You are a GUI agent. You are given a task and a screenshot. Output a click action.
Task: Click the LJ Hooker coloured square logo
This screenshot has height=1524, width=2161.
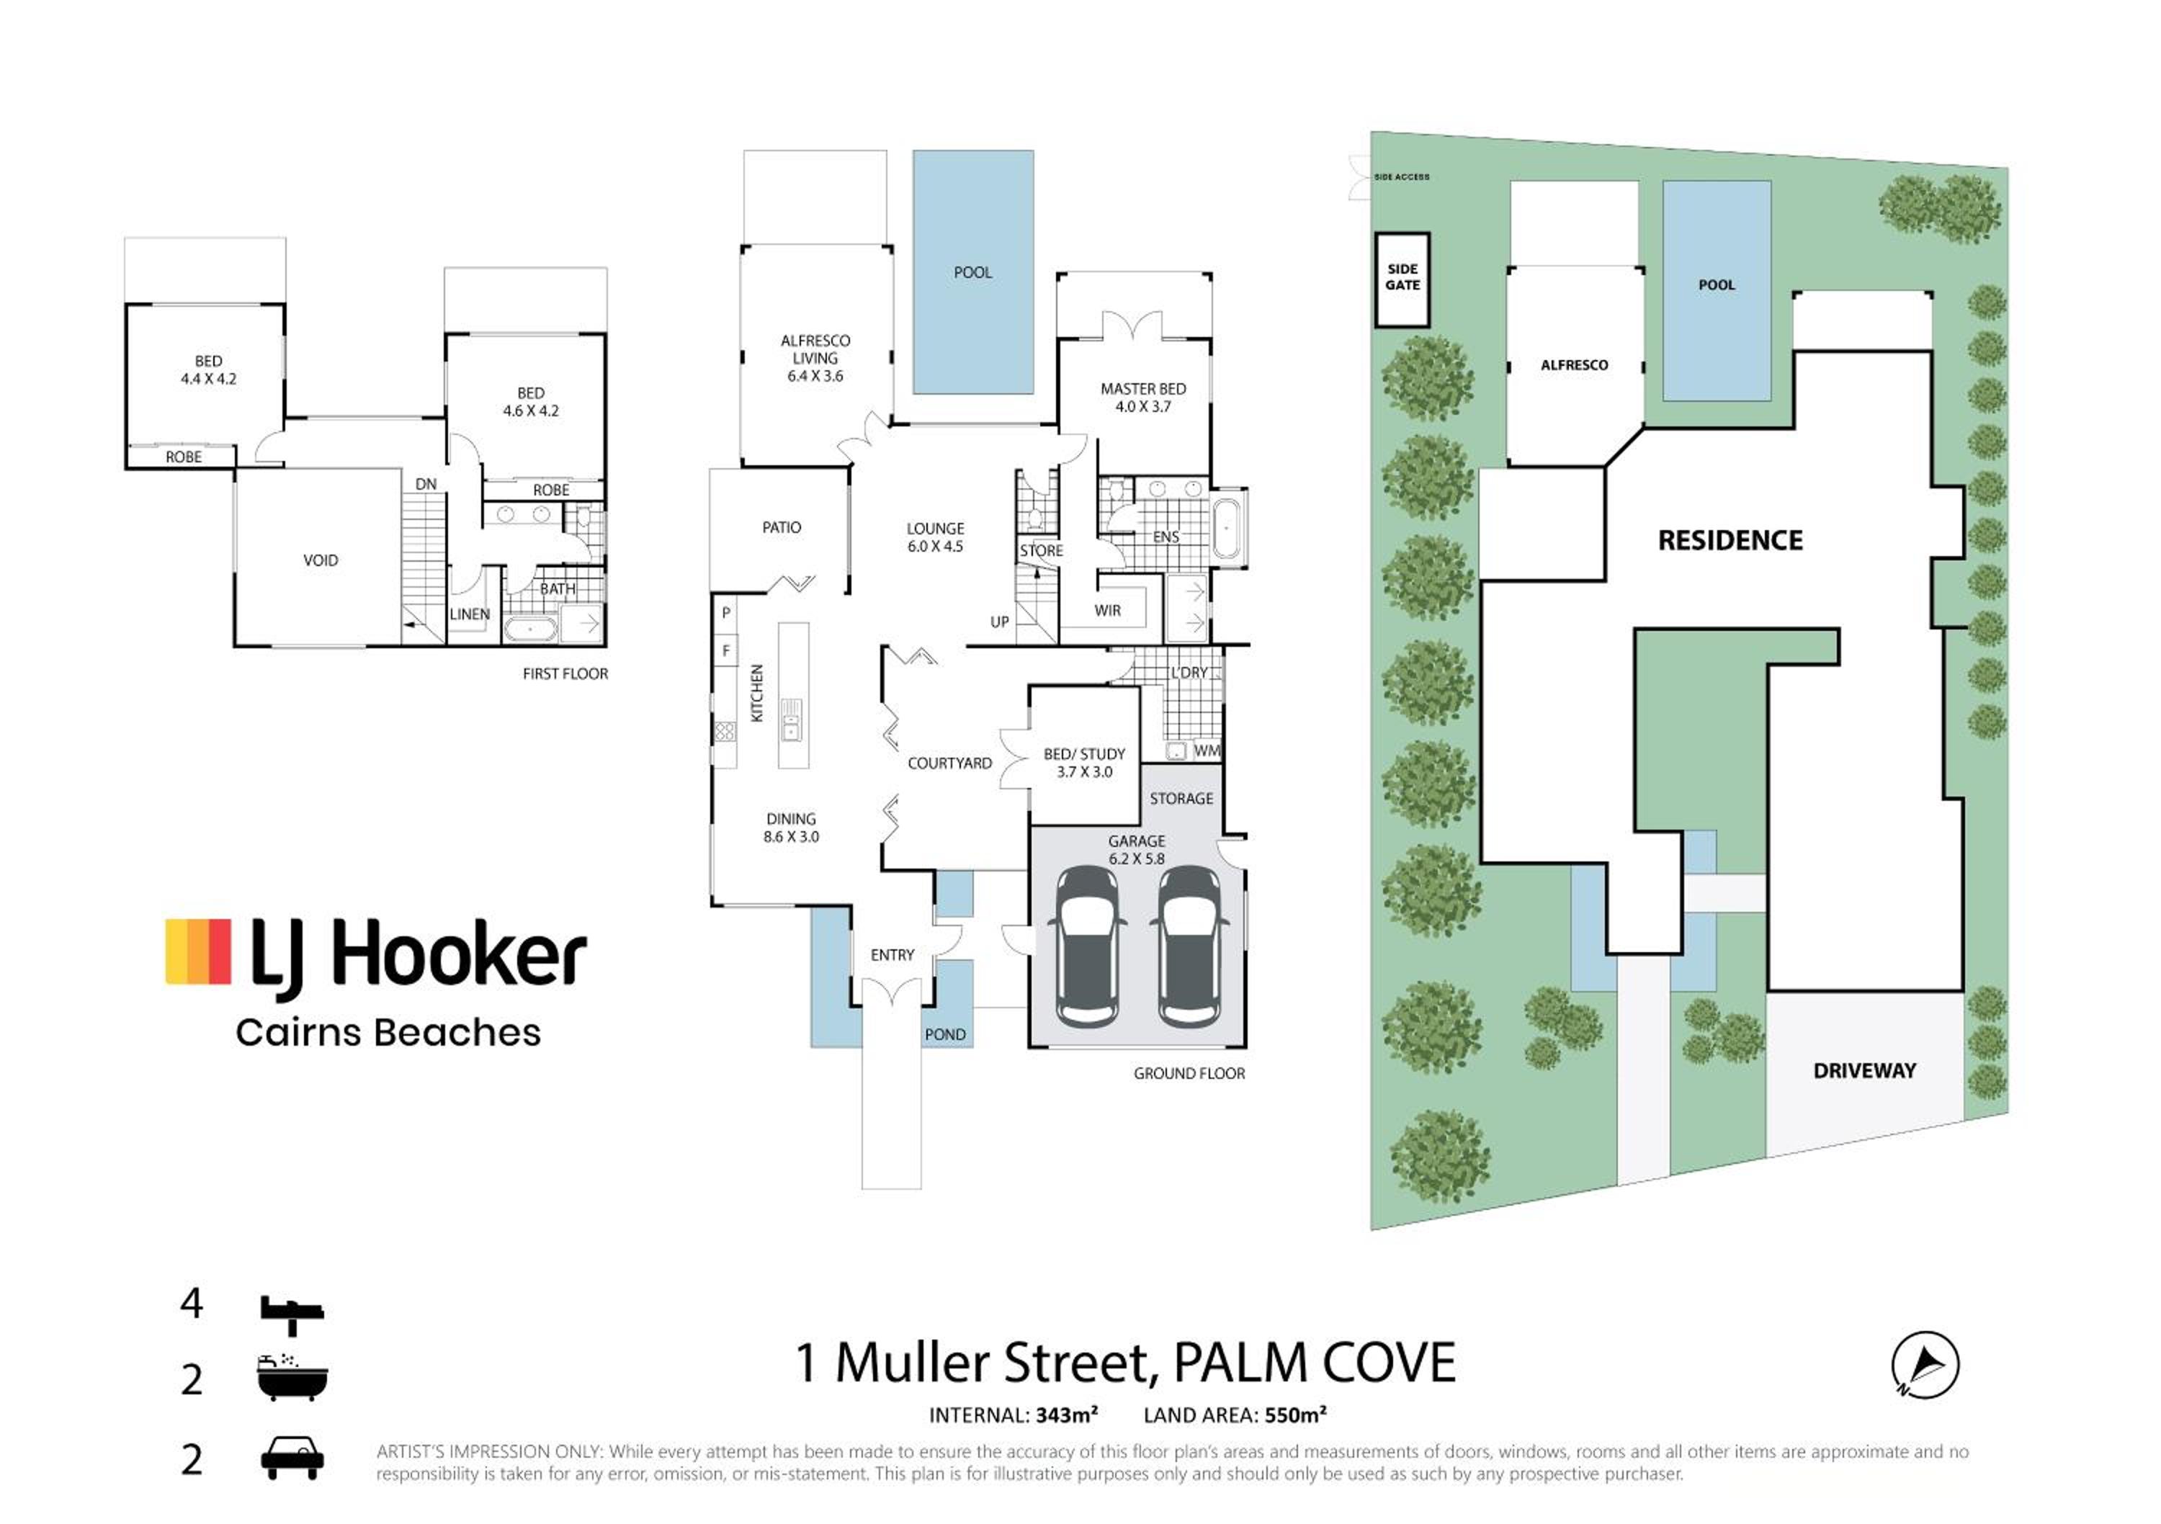coord(197,951)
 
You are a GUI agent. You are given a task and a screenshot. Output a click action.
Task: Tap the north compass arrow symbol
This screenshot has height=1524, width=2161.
coord(1925,1364)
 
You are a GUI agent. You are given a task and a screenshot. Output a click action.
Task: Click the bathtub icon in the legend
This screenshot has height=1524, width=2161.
coord(292,1377)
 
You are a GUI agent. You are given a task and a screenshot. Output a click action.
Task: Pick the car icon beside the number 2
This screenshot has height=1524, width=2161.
coord(292,1457)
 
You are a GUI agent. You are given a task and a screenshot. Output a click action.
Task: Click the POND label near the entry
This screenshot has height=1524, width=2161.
coord(945,1034)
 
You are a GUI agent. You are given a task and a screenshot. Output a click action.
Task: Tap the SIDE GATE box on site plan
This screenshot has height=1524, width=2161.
coord(1402,279)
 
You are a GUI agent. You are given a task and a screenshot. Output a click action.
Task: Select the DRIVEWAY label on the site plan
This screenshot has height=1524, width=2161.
coord(1864,1071)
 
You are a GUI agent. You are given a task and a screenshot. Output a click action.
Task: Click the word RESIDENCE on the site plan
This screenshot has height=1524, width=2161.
coord(1730,540)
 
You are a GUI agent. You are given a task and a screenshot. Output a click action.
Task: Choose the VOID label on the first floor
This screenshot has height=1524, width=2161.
coord(320,560)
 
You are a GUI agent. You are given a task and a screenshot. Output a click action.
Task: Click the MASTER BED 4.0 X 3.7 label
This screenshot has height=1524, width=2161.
coord(1142,398)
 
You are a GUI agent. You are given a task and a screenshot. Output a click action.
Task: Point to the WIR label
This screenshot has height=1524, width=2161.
coord(1108,610)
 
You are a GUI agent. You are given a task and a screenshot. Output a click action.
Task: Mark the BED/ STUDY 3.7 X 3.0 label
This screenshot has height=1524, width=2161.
coord(1084,763)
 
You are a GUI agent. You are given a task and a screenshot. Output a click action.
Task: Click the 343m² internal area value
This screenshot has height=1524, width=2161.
coord(1066,1415)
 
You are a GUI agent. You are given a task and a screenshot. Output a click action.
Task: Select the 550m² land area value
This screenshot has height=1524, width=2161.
coord(1295,1415)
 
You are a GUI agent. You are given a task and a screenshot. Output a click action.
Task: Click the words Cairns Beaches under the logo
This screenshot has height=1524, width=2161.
coord(388,1033)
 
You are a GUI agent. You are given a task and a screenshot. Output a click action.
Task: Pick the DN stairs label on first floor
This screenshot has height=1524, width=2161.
coord(426,484)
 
